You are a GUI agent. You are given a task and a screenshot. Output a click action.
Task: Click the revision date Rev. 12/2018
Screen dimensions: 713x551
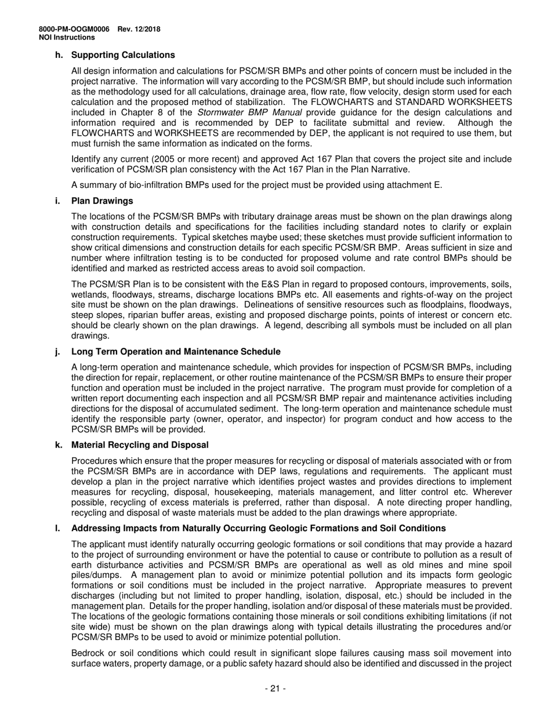(139, 30)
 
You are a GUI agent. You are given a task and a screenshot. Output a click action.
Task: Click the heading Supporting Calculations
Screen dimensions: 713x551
(123, 55)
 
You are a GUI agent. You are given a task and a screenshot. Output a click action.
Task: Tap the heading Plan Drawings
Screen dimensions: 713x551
(102, 201)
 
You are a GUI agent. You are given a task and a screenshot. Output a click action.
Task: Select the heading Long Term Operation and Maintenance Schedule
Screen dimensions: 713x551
(176, 352)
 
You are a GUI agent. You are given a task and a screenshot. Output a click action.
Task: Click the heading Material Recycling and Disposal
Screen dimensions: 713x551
(140, 445)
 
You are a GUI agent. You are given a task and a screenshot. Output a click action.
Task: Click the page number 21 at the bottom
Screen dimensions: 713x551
(275, 689)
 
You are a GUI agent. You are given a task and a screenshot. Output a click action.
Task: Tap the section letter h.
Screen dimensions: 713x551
(58, 55)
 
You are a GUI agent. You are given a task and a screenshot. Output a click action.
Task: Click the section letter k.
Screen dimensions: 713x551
(58, 445)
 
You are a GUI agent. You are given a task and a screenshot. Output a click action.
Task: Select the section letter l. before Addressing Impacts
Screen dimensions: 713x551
(57, 529)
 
